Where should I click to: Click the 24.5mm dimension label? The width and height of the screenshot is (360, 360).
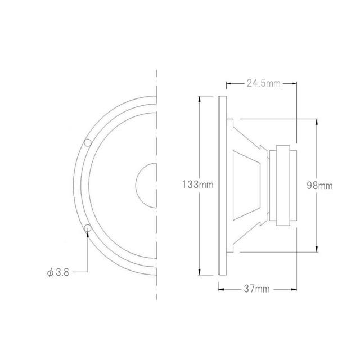click(263, 84)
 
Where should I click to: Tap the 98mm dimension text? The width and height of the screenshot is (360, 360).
click(318, 184)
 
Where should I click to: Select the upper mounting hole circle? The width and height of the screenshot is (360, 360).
click(88, 142)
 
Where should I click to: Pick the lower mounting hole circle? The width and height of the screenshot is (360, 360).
click(87, 228)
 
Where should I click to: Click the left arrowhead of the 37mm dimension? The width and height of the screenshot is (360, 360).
click(220, 289)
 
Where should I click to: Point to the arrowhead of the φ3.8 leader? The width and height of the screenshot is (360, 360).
click(87, 235)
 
